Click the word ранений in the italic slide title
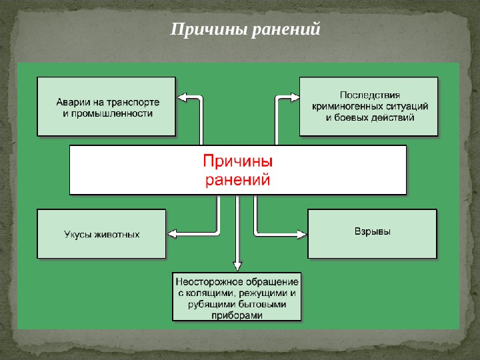coord(287,30)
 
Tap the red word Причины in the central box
coord(237,162)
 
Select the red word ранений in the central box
coord(237,179)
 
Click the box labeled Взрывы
coord(372,233)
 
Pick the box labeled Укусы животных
coord(101,234)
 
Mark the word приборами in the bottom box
coord(237,316)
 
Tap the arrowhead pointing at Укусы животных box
coord(171,233)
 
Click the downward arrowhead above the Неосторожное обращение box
coord(237,266)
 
